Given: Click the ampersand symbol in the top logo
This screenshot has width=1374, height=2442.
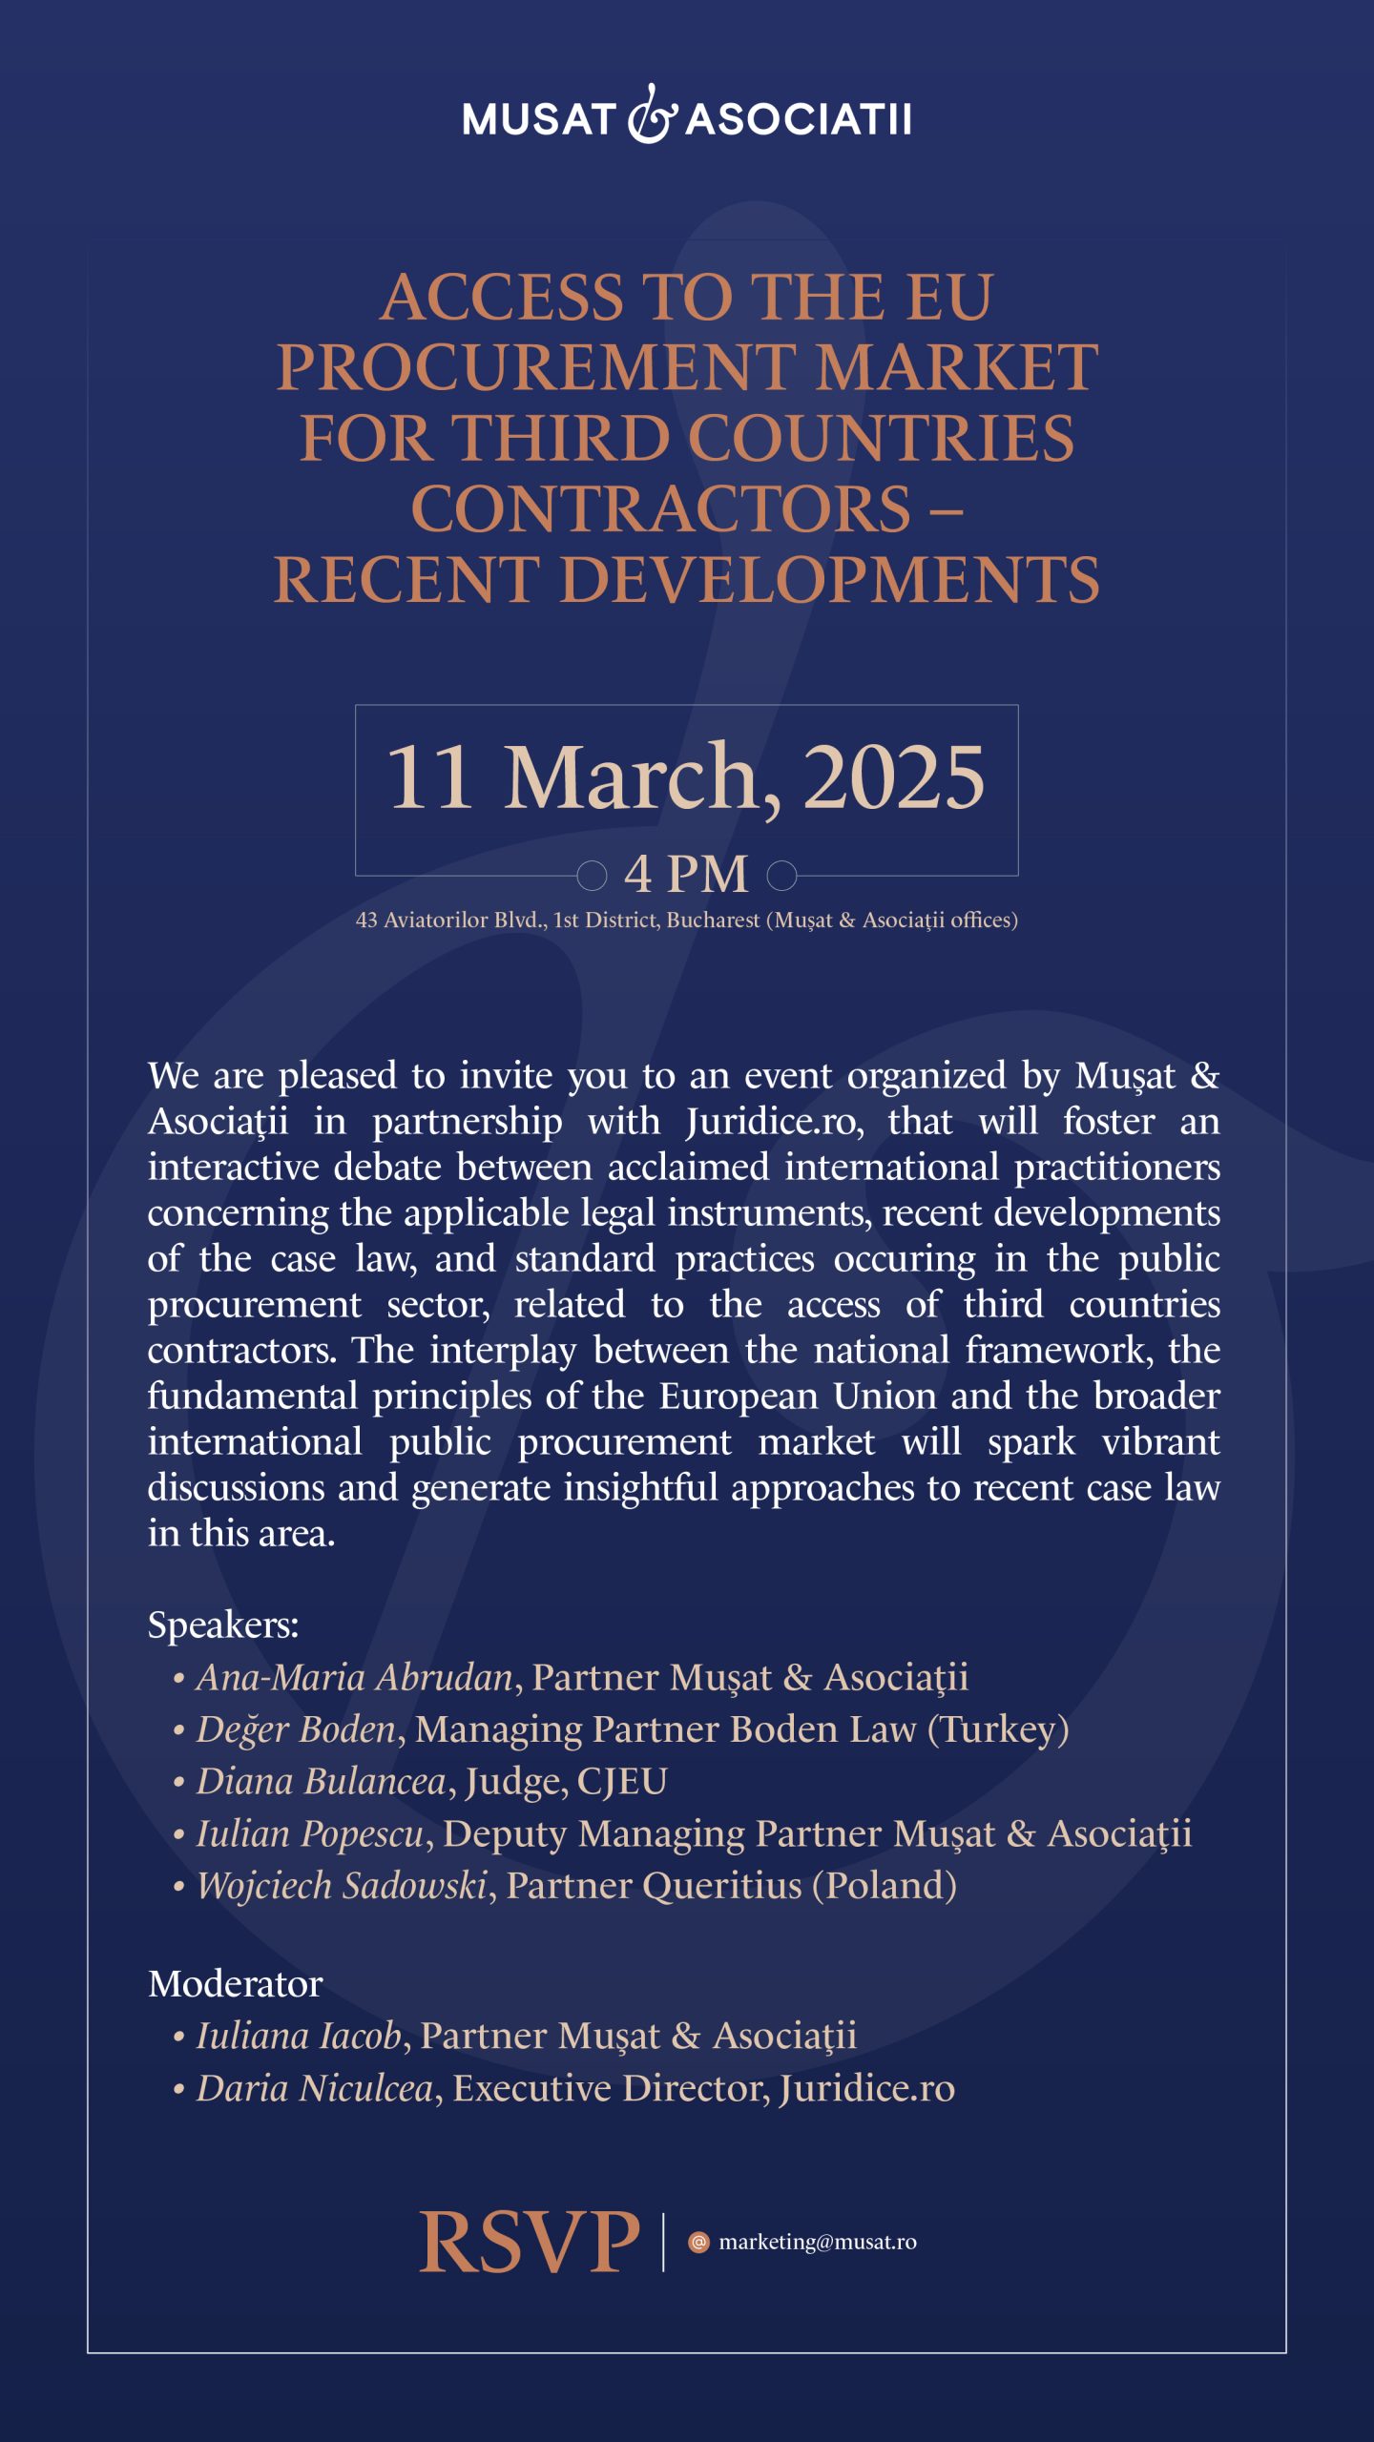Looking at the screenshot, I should point(652,115).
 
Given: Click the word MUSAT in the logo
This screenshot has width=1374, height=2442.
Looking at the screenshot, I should point(538,120).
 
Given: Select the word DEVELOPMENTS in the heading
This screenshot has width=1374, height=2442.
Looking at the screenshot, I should point(829,580).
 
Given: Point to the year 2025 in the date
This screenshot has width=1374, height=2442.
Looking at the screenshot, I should point(894,777).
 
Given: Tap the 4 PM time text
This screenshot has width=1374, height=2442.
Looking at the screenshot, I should point(686,874).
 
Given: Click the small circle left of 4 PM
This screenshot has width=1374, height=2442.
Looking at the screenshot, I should point(592,874).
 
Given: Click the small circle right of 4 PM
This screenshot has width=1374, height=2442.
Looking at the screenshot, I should point(782,874).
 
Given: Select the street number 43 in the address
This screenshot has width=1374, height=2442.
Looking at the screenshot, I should point(366,921).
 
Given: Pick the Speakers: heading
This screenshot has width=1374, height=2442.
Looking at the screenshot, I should point(223,1625).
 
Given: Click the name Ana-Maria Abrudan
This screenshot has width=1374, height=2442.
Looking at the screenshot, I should point(355,1677).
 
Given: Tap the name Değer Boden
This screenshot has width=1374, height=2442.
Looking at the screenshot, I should point(296,1729).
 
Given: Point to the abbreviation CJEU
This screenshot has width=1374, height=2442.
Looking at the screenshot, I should point(622,1781).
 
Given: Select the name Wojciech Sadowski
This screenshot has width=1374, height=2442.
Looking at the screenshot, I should point(343,1886).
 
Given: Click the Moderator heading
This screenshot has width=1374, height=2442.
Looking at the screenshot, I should point(236,1984).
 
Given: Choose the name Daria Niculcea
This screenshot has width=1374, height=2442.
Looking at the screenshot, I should point(315,2089).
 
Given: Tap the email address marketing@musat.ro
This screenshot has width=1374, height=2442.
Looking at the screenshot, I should point(817,2242).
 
